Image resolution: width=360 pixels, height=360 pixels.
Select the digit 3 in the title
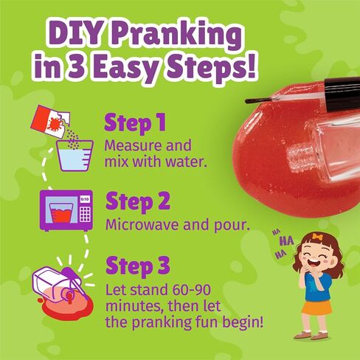click(x=77, y=66)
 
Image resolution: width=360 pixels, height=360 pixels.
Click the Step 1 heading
click(x=135, y=122)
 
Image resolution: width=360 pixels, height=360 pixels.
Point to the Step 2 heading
click(x=138, y=201)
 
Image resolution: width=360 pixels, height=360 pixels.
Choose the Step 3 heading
click(x=138, y=266)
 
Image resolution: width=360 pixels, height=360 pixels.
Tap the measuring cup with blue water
click(x=75, y=156)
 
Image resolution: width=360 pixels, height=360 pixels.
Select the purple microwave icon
click(x=66, y=210)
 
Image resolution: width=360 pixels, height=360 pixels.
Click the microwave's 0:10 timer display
click(x=85, y=198)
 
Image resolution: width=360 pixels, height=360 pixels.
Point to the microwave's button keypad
click(x=85, y=214)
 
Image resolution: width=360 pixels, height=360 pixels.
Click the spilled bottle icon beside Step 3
click(x=63, y=289)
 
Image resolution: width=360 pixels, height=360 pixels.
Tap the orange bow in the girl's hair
click(x=317, y=237)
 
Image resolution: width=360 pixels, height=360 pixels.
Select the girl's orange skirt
click(x=316, y=308)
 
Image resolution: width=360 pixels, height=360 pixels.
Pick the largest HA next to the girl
click(x=287, y=240)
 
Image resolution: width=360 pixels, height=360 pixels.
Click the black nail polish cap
click(x=342, y=93)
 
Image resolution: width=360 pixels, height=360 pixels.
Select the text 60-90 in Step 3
click(x=191, y=290)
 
